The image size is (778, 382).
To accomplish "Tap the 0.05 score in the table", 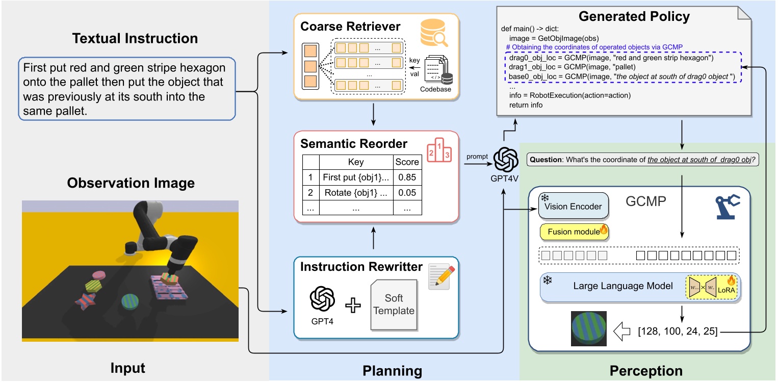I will pos(407,193).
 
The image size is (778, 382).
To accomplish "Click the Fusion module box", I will pos(574,232).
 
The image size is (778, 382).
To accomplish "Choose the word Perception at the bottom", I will pos(646,371).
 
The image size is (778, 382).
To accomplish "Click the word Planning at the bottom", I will pos(392,371).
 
